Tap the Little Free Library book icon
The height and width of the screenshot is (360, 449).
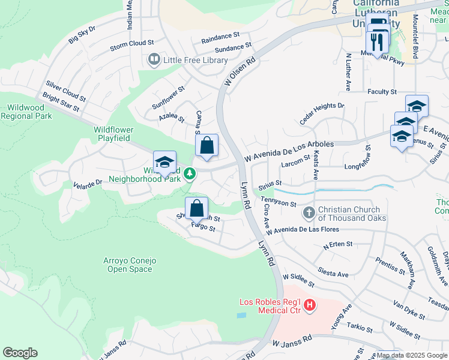154,60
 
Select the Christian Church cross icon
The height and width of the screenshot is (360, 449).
309,213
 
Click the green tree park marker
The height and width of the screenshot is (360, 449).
190,174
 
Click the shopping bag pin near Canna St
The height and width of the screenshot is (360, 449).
206,146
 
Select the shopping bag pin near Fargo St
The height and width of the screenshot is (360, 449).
196,209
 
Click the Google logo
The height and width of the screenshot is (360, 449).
20,353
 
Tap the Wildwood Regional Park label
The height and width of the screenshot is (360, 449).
26,111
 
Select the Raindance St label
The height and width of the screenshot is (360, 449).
220,38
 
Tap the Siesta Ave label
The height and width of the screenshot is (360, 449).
334,273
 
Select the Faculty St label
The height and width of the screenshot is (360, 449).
382,92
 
